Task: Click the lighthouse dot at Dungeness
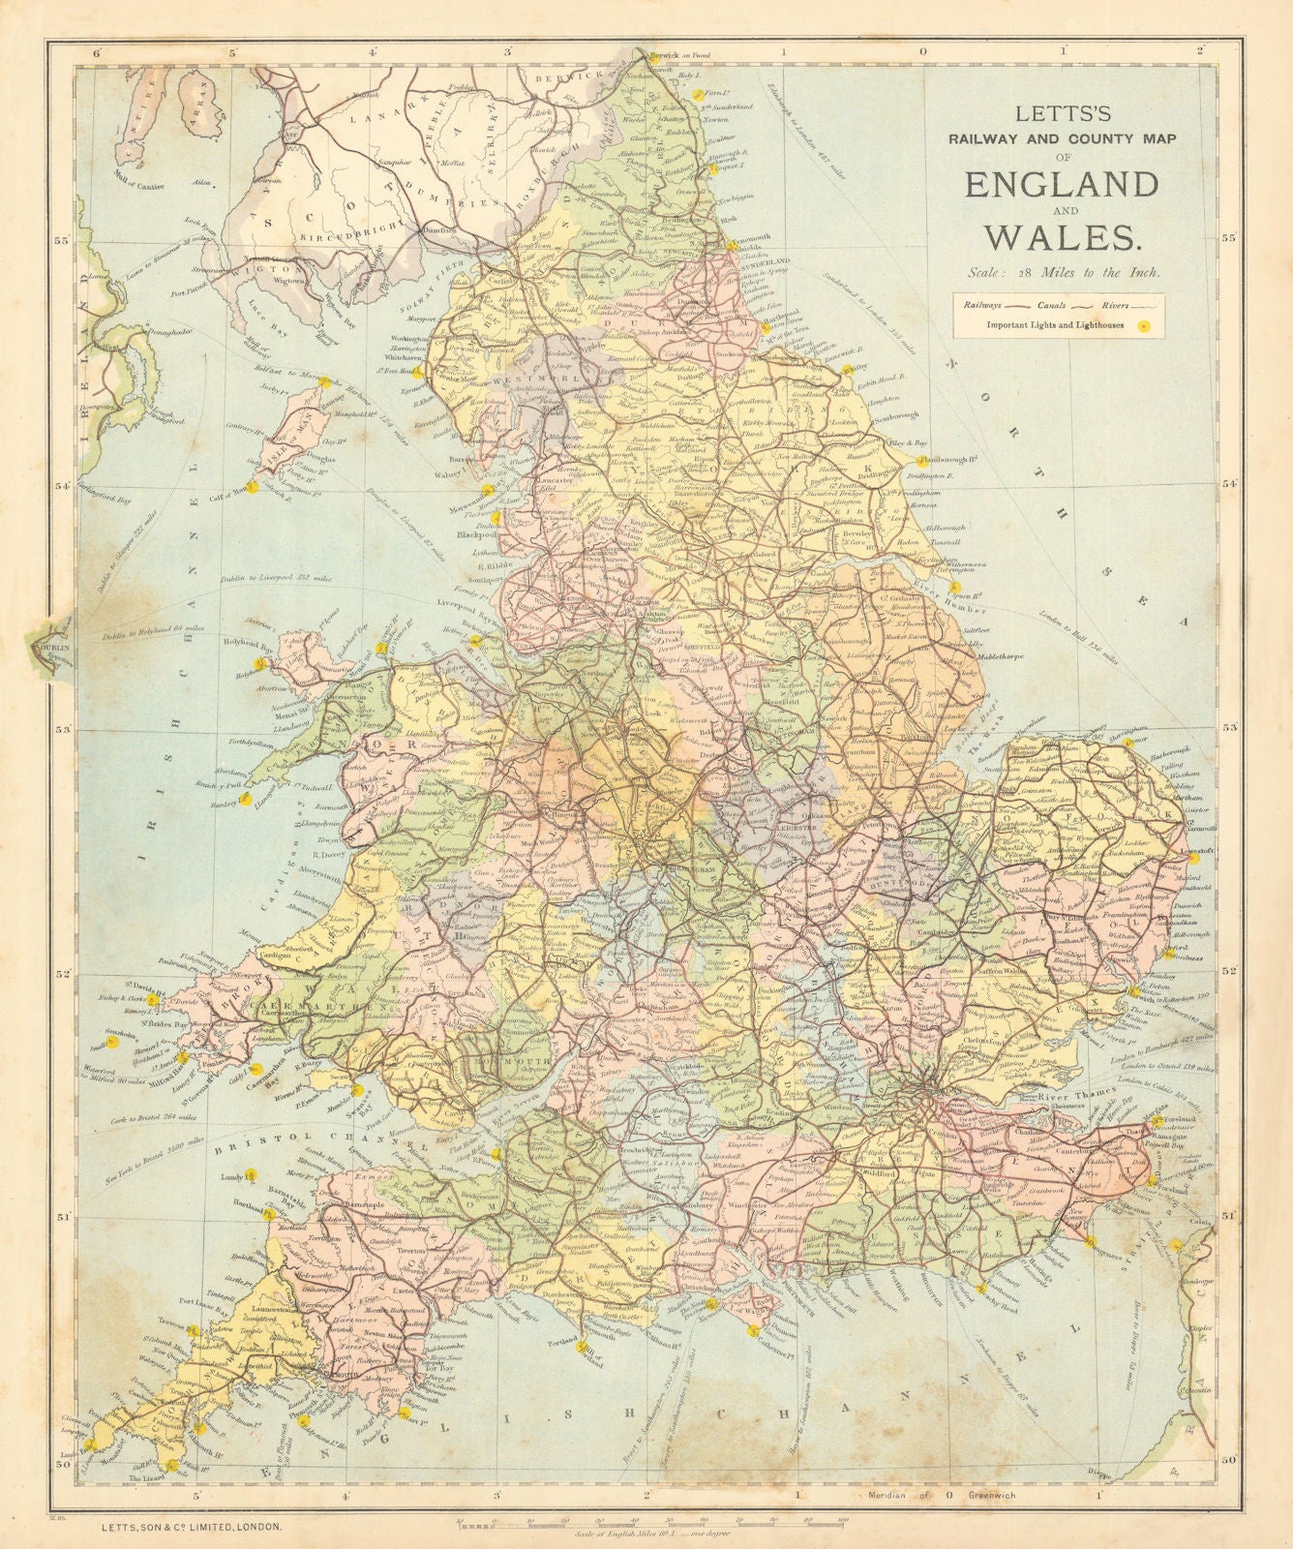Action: (x=1091, y=1241)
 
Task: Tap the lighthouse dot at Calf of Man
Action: (x=254, y=488)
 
